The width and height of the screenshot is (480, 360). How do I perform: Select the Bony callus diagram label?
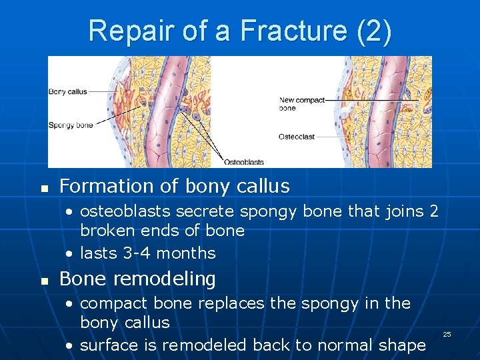(68, 92)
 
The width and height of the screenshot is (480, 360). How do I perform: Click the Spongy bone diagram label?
(71, 125)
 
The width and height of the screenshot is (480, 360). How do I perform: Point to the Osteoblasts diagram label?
(243, 162)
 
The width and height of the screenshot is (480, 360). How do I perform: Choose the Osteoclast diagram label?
(297, 137)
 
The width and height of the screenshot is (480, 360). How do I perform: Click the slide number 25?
(447, 333)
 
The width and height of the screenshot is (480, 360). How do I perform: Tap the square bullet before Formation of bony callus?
(45, 187)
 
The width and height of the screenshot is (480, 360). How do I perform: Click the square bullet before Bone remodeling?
(45, 280)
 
